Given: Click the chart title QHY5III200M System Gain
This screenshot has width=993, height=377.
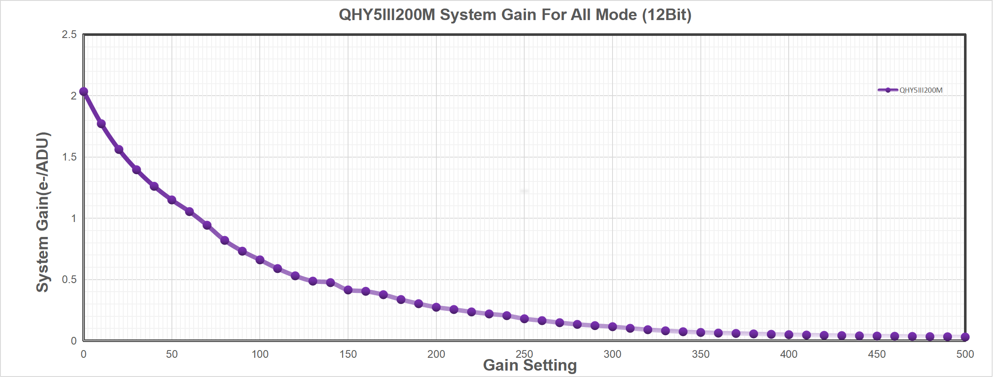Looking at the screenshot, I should click(x=515, y=15).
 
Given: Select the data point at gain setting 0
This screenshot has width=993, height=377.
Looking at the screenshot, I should click(x=84, y=91).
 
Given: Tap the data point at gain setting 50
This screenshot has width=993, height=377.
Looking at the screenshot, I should click(x=172, y=200).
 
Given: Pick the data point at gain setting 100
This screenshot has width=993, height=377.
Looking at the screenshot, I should click(x=260, y=260).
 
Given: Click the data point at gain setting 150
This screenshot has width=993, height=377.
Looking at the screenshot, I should click(x=348, y=290).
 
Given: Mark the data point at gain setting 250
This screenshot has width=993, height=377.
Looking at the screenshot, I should click(x=525, y=319).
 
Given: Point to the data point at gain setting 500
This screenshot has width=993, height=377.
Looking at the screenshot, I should click(x=965, y=337).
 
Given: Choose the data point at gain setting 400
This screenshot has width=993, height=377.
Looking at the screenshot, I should click(x=789, y=335).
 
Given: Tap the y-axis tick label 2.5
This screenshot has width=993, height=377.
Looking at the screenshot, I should click(x=69, y=35).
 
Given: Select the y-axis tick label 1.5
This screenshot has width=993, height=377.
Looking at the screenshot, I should click(x=69, y=157).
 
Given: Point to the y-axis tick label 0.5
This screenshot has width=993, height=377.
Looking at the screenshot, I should click(x=69, y=280).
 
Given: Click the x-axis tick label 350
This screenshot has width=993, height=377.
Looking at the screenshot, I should click(x=700, y=354).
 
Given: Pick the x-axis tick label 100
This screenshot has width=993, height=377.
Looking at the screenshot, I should click(x=260, y=354).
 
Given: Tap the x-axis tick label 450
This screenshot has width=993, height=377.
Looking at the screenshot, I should click(x=877, y=354).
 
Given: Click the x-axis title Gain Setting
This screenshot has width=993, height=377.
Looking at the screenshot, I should click(x=530, y=365).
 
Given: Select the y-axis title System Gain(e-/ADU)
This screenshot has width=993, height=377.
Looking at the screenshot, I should click(x=43, y=212).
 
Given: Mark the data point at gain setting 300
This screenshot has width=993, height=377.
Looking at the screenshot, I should click(x=613, y=327).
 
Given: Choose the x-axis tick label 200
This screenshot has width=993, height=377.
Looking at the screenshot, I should click(x=436, y=354).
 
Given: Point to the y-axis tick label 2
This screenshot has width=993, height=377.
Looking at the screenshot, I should click(x=73, y=96).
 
